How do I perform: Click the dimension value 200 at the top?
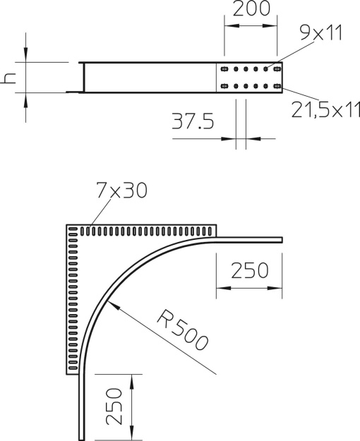(251, 9)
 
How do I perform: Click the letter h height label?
(9, 78)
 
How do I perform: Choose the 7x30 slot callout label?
(119, 191)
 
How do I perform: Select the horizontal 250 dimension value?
(248, 270)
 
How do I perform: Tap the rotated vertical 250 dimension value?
(114, 406)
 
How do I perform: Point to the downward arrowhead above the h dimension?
(25, 56)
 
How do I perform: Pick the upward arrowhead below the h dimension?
(25, 98)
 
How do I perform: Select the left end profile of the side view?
(81, 78)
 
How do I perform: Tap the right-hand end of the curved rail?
(280, 239)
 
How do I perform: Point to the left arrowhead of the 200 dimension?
(228, 26)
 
